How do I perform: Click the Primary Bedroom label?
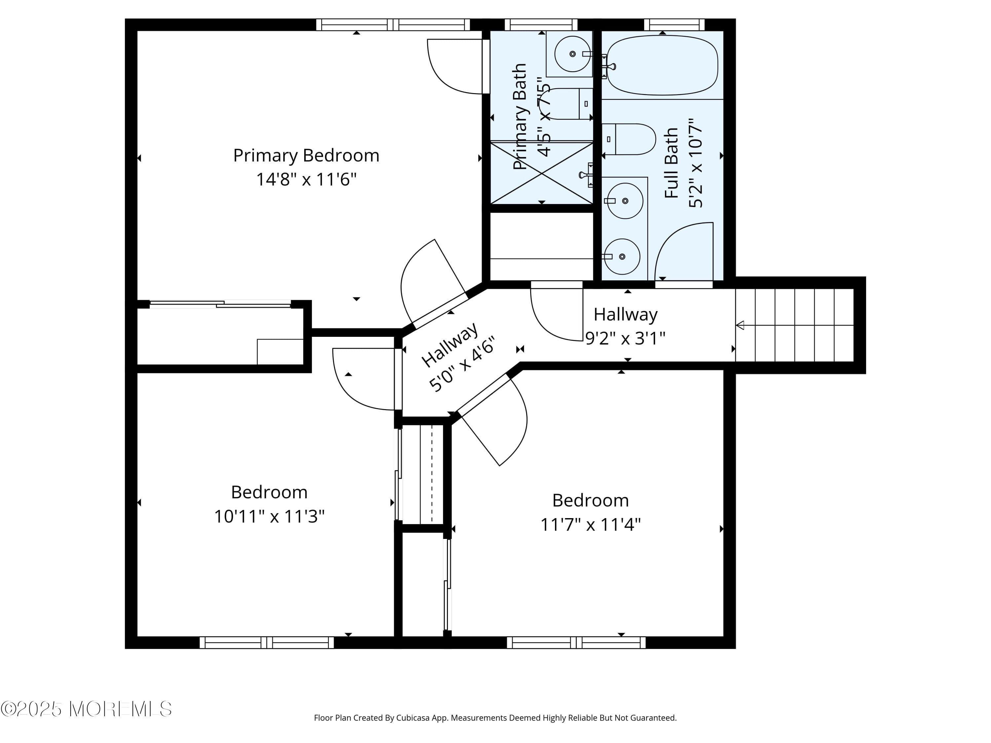pyautogui.click(x=306, y=156)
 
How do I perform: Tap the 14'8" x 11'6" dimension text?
pyautogui.click(x=306, y=180)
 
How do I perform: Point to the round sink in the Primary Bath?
pyautogui.click(x=572, y=54)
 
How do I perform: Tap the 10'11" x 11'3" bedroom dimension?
pyautogui.click(x=269, y=516)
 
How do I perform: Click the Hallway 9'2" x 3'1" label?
pyautogui.click(x=625, y=326)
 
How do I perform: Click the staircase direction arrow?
pyautogui.click(x=740, y=326)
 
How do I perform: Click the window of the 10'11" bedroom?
pyautogui.click(x=267, y=643)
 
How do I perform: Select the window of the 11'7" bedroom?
pyautogui.click(x=576, y=643)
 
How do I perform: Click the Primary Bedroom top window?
pyautogui.click(x=393, y=25)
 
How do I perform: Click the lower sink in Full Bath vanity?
pyautogui.click(x=621, y=257)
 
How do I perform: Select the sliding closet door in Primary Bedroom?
pyautogui.click(x=220, y=304)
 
